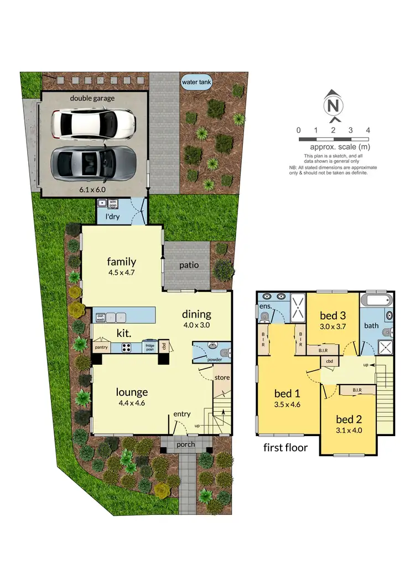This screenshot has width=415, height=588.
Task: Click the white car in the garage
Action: click(93, 124)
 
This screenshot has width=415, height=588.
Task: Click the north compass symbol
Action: click(333, 105)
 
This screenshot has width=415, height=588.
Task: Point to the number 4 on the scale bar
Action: click(368, 130)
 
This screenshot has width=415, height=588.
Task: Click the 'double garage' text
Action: click(92, 98)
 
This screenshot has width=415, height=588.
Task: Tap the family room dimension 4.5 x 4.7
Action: click(122, 273)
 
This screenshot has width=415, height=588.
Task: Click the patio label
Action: click(189, 265)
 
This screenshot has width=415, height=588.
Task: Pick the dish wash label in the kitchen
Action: click(100, 317)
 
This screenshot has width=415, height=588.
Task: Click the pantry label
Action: click(101, 347)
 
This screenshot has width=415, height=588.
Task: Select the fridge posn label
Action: click(149, 347)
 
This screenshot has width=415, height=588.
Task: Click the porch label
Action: click(186, 444)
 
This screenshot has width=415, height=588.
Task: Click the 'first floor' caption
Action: click(286, 447)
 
